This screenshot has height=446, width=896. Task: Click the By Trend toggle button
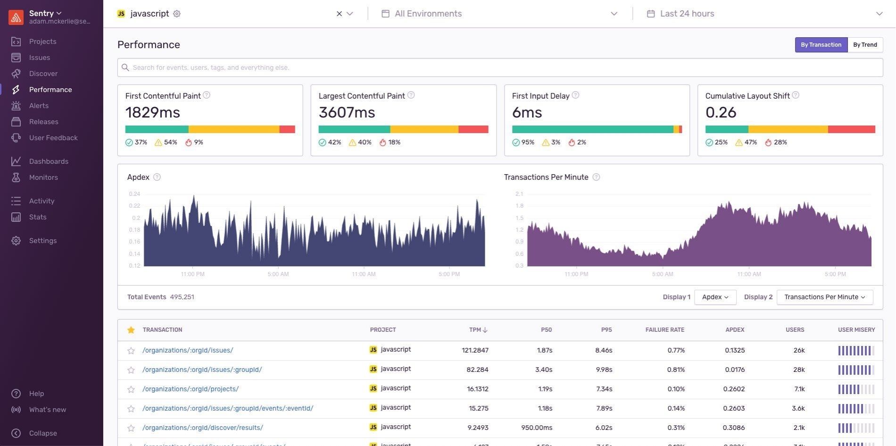coord(865,45)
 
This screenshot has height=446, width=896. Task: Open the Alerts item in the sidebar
coord(39,106)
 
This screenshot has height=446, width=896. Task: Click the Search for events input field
coord(500,67)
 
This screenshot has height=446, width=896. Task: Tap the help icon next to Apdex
coord(157,177)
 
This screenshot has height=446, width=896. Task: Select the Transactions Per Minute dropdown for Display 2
coord(824,297)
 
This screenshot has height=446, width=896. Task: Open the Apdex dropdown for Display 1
coord(715,297)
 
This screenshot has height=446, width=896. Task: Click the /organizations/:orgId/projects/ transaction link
coord(191,389)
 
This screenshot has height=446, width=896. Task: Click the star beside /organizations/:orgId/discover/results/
coord(131,428)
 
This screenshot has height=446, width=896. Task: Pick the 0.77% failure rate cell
coord(676,350)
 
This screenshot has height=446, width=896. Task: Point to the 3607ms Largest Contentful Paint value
coord(347,113)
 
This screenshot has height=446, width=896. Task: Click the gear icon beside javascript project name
coord(177,14)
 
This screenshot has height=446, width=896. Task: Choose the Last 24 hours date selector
coord(687,14)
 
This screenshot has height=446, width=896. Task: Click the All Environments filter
coord(428,14)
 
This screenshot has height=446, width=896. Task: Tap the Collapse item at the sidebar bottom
coord(42,433)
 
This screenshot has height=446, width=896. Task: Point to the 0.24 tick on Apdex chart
coord(134,194)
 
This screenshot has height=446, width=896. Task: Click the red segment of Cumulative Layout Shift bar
coord(851,129)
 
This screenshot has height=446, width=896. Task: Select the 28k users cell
coord(799,370)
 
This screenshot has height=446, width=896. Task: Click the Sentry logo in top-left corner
coord(16,17)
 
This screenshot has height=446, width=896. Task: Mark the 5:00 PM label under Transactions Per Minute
coord(835,274)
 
